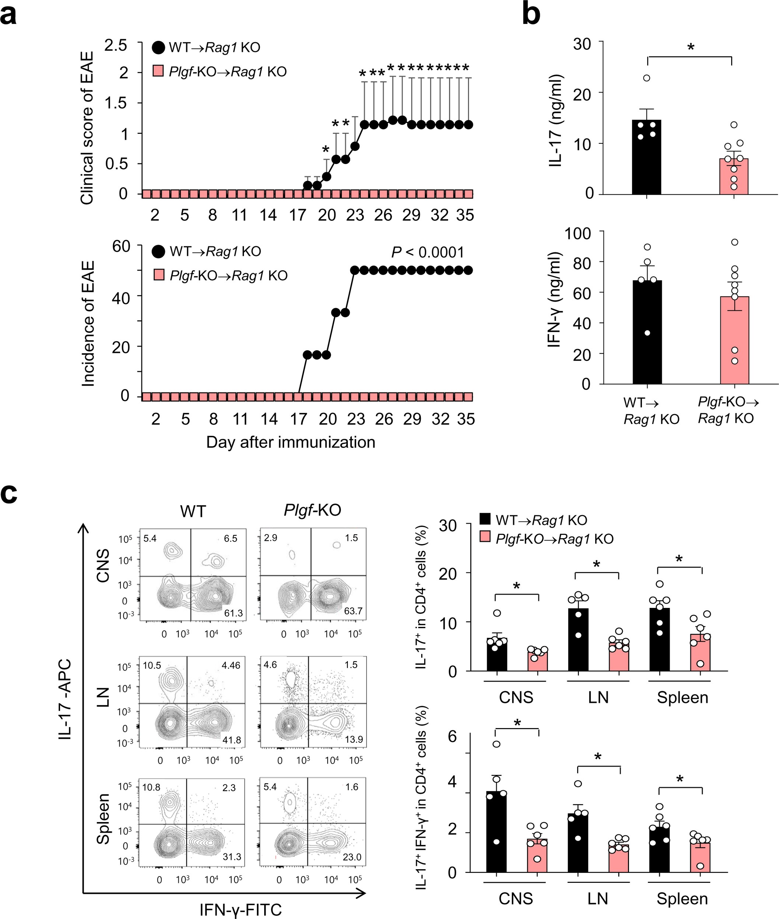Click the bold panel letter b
coord(531,14)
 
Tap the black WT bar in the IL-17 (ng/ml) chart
coord(646,159)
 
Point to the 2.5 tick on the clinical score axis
coord(116,45)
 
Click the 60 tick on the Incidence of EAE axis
coord(121,246)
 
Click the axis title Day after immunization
coord(291,442)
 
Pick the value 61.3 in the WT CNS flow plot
coord(233,613)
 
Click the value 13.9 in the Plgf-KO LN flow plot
coord(354,739)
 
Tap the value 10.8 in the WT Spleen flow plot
coord(151,787)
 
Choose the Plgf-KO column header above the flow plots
coord(312,510)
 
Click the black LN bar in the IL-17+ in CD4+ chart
coord(578,641)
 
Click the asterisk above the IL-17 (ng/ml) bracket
coord(691,47)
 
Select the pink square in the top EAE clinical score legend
coord(158,71)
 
